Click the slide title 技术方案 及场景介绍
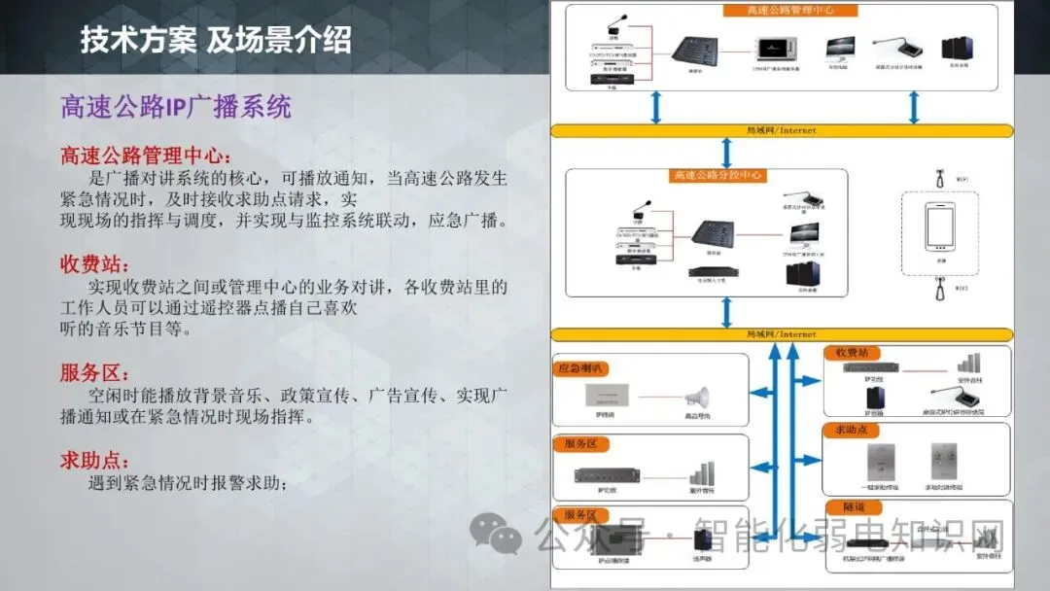tap(215, 40)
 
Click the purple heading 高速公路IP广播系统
tap(176, 106)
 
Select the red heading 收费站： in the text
tap(95, 264)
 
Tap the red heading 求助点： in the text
tap(95, 460)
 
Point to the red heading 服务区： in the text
tap(95, 373)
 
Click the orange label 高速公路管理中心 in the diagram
tap(790, 11)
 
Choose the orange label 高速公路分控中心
tap(717, 176)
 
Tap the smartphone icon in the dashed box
tap(940, 230)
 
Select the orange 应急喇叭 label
tap(581, 369)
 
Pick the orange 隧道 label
tap(842, 507)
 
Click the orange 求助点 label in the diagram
tap(850, 430)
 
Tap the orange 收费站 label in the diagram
tap(850, 352)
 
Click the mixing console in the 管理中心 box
tap(696, 50)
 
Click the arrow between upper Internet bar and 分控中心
tap(726, 153)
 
